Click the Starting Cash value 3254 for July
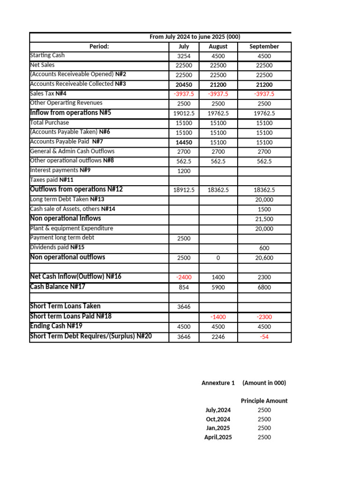point(184,56)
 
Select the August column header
point(218,46)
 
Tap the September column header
point(264,46)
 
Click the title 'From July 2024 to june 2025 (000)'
point(195,37)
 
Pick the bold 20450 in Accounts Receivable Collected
point(184,85)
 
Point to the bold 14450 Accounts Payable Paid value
point(184,142)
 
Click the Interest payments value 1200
point(184,171)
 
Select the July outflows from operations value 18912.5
point(184,190)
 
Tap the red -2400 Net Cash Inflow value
point(184,277)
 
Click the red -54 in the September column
point(264,337)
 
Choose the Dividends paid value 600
point(264,248)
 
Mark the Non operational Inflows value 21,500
point(264,219)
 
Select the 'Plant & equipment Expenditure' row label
point(71,228)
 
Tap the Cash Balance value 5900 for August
point(218,287)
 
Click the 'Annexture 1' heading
point(218,383)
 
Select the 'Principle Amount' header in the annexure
point(264,401)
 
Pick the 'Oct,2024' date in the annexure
point(218,419)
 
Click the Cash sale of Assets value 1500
point(264,209)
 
